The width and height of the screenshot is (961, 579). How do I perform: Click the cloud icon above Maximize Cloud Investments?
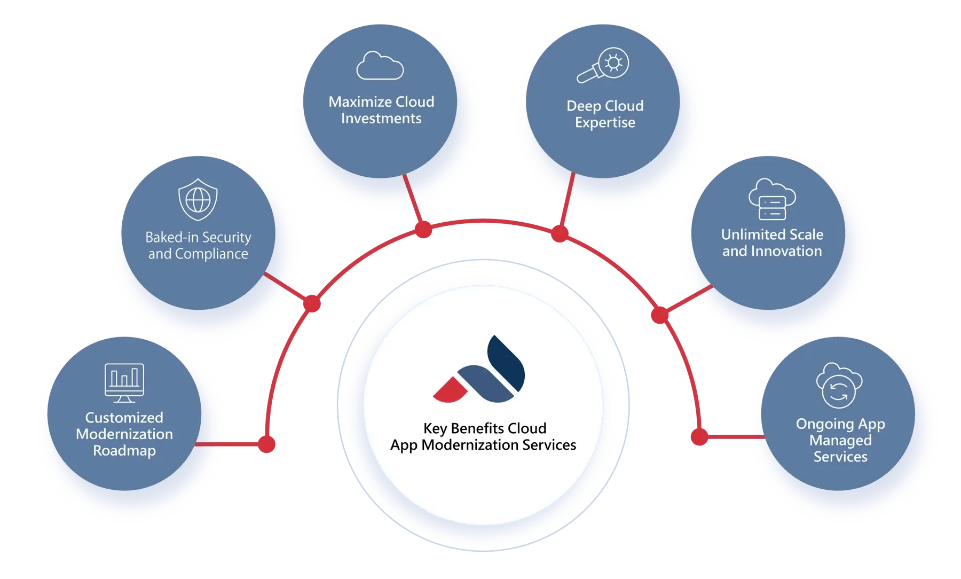coord(380,66)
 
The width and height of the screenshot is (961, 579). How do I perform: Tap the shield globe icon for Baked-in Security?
coord(198,200)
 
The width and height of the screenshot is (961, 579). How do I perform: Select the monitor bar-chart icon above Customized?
coord(124,382)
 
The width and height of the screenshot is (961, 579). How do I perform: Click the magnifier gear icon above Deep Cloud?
coord(603,66)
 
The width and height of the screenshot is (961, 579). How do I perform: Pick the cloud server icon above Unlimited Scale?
coord(772,200)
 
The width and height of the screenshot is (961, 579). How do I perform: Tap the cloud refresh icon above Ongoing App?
coord(839,386)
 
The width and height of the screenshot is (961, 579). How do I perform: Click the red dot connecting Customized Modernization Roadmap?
coord(266,444)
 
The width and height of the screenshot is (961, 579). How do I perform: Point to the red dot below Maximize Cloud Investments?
coord(423,230)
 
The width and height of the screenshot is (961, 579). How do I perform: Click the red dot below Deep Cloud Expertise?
coord(560,233)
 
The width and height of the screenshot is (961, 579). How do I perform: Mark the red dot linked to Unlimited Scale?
coord(660,315)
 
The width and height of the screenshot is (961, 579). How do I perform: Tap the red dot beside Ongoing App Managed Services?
coord(699,436)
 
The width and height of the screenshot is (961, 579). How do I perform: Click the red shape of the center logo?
coord(450,390)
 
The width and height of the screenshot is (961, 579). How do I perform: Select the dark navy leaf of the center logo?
coord(506,364)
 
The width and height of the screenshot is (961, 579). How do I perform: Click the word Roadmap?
coord(124,451)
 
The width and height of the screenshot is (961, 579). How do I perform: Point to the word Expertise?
coord(605,123)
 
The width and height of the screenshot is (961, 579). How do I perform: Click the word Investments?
coord(381,119)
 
